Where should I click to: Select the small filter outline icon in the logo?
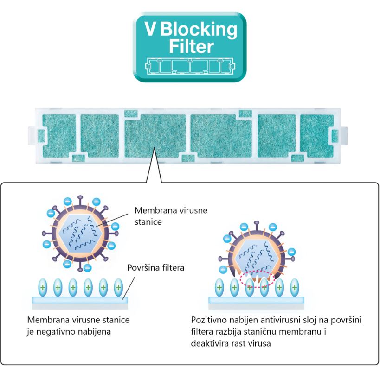[x=190, y=66]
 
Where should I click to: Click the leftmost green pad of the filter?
[x=59, y=135]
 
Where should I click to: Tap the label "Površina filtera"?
[x=156, y=267]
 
